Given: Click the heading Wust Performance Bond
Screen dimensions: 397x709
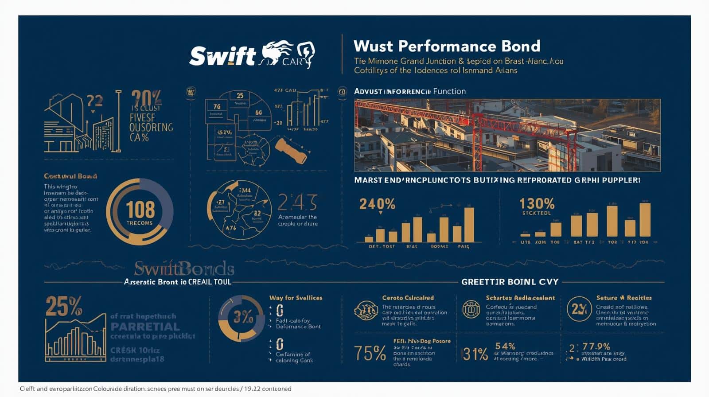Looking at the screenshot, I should (447, 46).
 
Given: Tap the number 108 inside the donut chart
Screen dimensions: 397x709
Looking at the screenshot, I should (140, 209).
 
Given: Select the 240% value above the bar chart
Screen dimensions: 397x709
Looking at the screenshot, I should (377, 204).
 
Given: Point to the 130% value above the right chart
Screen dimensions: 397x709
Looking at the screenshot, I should (537, 204).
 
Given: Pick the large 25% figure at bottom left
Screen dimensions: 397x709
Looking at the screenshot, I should (64, 306).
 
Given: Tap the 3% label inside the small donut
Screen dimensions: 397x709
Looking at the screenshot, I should (243, 317).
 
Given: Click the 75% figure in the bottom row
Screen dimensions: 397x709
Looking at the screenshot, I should (370, 353).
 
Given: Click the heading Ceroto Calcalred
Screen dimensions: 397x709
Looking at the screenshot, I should (408, 298).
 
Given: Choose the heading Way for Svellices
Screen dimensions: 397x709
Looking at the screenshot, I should (296, 298).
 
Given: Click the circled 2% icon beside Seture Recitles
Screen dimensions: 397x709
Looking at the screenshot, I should (579, 309).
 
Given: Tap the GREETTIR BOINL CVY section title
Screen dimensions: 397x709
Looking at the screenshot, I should (510, 282).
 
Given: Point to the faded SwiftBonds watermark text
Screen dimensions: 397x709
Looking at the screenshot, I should (184, 269).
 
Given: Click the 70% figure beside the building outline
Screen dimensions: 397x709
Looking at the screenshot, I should (146, 97).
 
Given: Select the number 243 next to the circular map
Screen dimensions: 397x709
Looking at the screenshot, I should (297, 203).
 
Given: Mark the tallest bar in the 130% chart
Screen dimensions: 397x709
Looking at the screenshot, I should (645, 219).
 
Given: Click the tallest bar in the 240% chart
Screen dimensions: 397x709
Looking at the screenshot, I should (469, 225).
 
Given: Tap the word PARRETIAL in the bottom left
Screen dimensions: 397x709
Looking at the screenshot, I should (145, 327).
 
